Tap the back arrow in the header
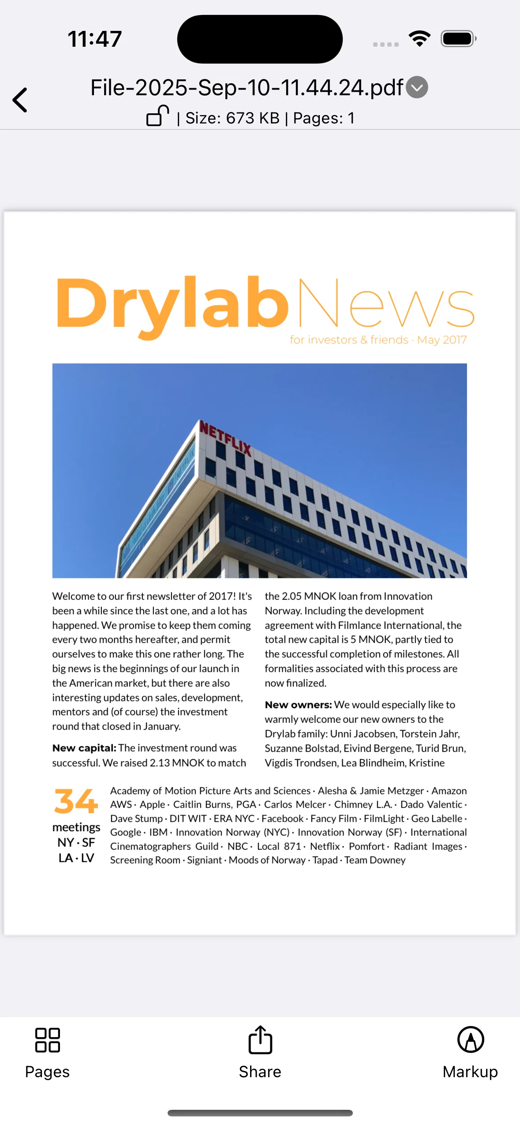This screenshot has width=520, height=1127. tap(20, 100)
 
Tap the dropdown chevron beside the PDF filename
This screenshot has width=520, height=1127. tap(417, 87)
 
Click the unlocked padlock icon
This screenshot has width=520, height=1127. tap(157, 116)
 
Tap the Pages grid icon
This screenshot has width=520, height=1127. tap(48, 1040)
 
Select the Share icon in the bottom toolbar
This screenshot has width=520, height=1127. tap(260, 1040)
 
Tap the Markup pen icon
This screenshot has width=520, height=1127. tap(471, 1040)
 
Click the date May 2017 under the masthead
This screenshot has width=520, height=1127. tap(441, 340)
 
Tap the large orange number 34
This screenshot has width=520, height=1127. tap(76, 801)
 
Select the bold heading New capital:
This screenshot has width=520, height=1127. tap(84, 748)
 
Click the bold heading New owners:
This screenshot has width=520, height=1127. tap(298, 705)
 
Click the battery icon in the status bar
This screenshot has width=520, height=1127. tap(458, 39)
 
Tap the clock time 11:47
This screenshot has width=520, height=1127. tap(95, 39)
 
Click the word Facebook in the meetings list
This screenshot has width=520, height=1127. tap(282, 819)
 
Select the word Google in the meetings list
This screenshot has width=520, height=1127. tap(126, 832)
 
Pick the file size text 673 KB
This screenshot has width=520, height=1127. tap(253, 118)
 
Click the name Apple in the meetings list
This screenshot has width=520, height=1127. tap(152, 805)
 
